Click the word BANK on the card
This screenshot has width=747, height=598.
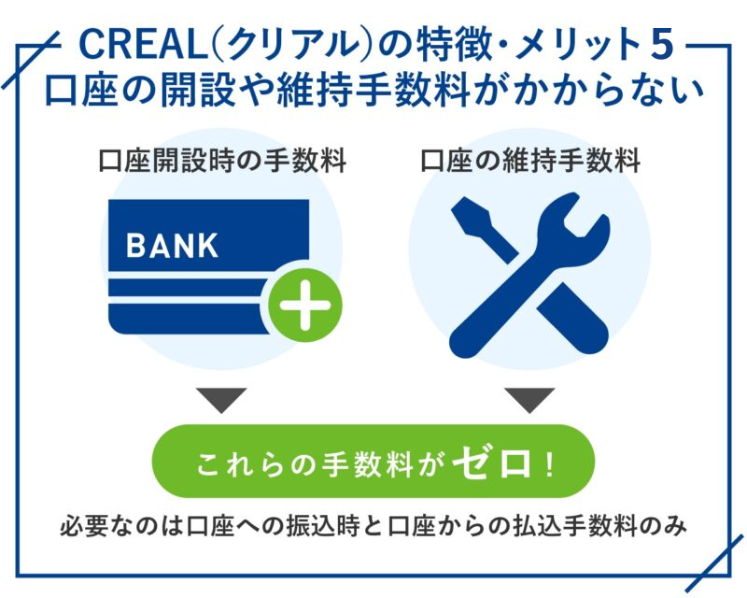[172, 246]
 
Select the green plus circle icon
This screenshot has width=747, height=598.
[305, 306]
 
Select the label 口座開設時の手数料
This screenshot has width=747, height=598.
[222, 160]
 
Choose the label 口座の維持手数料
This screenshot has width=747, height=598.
[530, 160]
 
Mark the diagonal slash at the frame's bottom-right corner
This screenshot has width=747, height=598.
[713, 562]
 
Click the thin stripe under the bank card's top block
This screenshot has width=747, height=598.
[187, 288]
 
